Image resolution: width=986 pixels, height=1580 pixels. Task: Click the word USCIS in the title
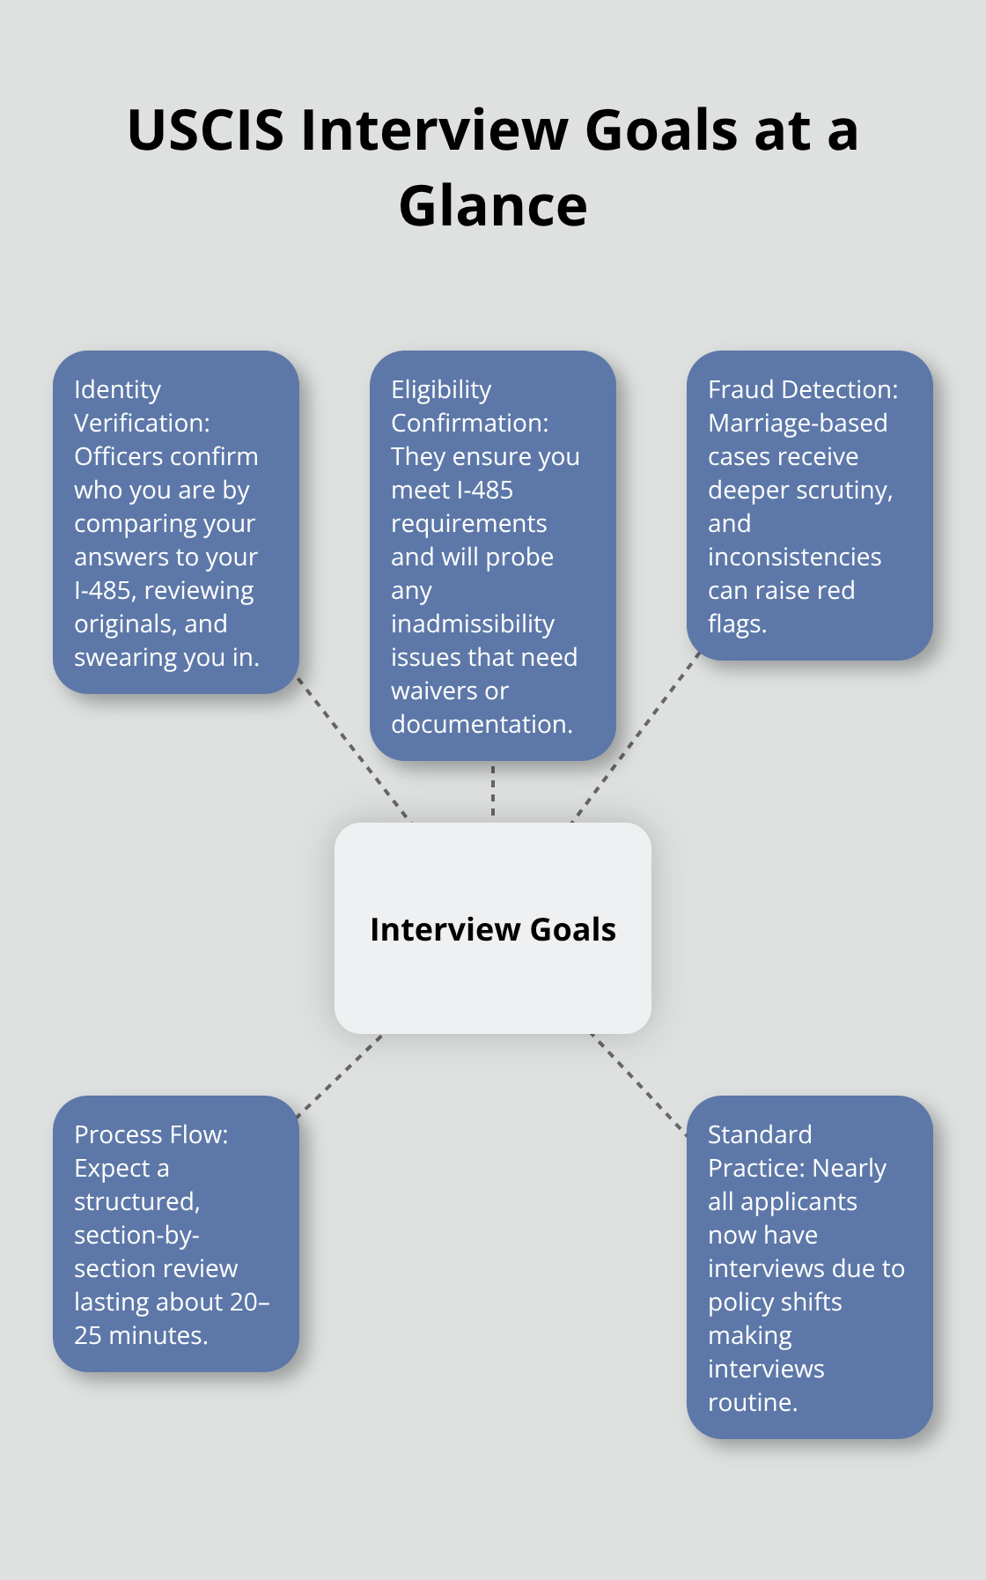point(205,130)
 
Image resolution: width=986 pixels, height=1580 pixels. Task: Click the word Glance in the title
point(493,206)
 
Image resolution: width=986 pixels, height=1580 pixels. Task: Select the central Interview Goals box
point(493,928)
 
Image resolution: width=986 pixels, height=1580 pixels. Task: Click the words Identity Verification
point(141,406)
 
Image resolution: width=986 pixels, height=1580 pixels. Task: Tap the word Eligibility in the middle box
point(441,389)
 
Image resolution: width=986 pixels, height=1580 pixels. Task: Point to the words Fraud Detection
point(802,389)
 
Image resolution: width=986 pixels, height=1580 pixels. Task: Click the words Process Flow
point(151,1134)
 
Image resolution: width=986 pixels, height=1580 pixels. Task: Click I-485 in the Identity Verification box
point(102,590)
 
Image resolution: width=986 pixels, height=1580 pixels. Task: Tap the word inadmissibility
point(473,624)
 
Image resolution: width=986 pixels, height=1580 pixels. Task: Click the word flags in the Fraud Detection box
point(736,624)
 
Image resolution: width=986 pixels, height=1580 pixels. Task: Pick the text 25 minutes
point(141,1335)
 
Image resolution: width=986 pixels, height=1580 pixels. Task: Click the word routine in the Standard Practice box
point(752,1402)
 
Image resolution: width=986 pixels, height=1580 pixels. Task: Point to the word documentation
point(481,724)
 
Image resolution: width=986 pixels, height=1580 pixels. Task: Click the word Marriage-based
point(798,423)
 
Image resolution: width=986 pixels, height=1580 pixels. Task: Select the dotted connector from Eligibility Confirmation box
point(493,791)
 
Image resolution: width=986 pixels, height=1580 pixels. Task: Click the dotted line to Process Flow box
point(340,1076)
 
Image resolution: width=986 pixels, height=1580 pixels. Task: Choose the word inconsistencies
point(794,557)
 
